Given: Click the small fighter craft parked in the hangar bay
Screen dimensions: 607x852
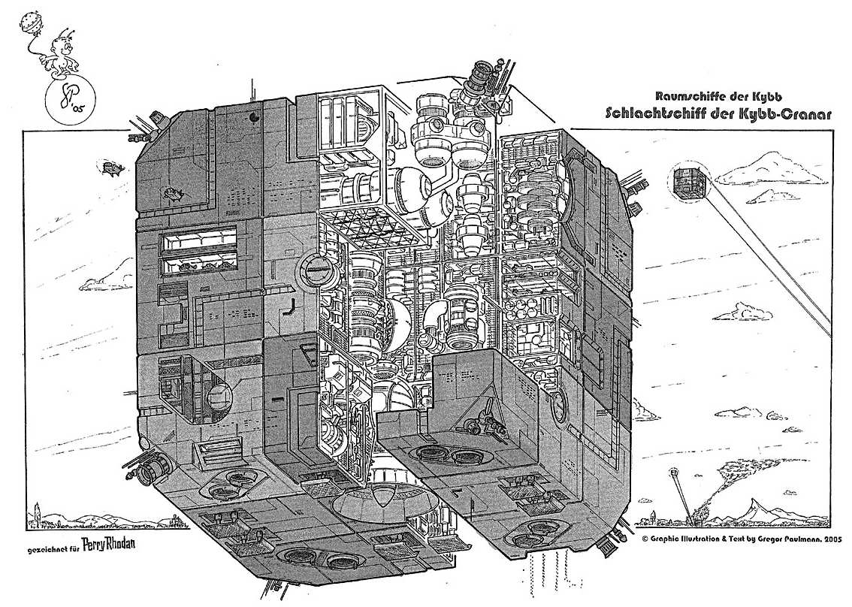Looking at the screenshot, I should click(x=485, y=417).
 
